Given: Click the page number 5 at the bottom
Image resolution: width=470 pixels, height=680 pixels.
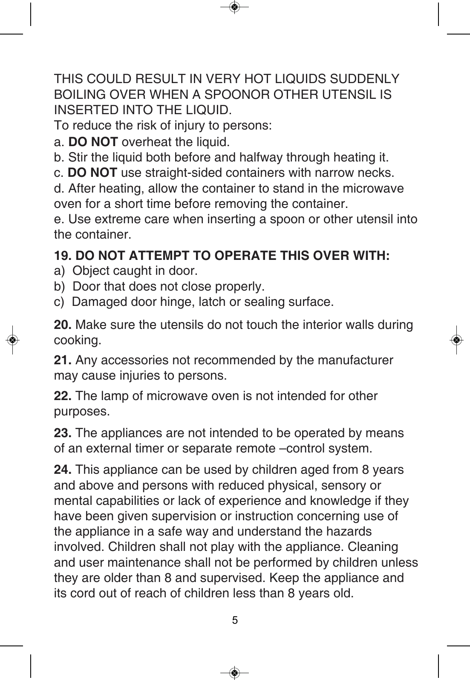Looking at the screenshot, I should tap(235, 620).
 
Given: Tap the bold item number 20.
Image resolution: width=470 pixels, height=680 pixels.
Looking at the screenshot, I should tap(63, 325).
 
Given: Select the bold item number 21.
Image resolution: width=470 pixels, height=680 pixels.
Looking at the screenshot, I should tap(63, 360).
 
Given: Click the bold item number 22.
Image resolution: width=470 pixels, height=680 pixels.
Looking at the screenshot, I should tap(63, 396).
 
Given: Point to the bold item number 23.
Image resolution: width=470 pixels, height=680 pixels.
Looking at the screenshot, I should tap(63, 433).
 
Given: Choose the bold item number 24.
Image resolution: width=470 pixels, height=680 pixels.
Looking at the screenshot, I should tap(63, 470).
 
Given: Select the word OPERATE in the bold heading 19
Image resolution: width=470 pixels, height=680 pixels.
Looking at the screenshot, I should tap(241, 256).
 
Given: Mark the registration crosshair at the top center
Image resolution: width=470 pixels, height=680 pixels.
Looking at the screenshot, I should tap(234, 7).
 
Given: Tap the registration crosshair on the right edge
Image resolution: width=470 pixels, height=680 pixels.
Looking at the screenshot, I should tap(456, 340).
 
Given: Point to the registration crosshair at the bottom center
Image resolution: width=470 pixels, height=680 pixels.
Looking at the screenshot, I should tap(234, 673).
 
